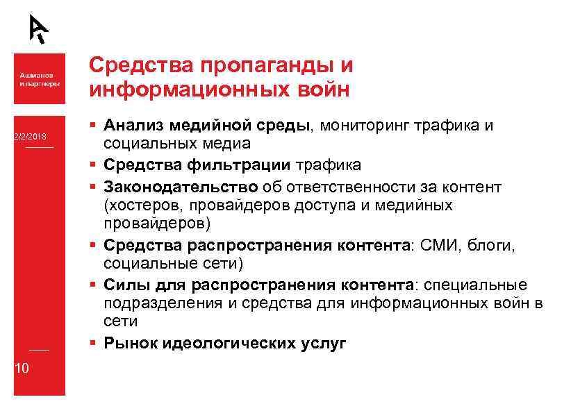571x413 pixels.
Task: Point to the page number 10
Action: (22, 368)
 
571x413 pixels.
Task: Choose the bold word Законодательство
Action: (181, 187)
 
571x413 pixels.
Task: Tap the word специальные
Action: (474, 285)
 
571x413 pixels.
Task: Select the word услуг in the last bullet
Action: (323, 344)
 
